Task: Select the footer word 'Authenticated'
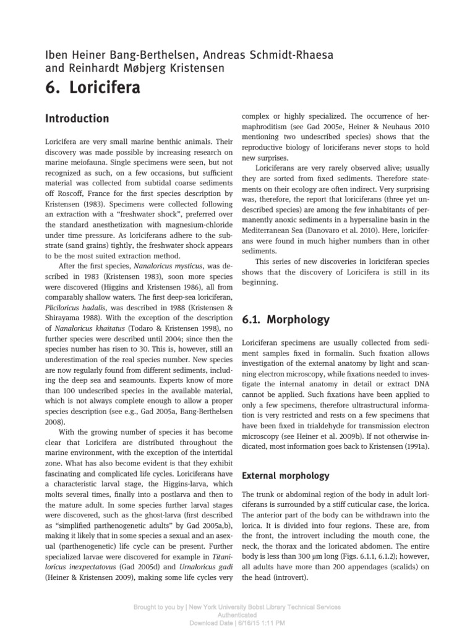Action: tap(237, 616)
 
